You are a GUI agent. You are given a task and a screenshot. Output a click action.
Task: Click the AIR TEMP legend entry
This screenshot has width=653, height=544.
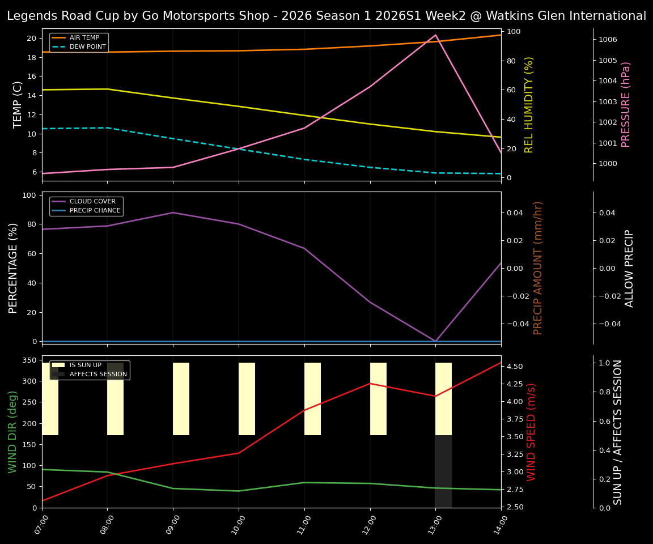(x=84, y=38)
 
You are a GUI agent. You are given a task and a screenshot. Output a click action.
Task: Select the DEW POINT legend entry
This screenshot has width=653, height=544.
(x=87, y=47)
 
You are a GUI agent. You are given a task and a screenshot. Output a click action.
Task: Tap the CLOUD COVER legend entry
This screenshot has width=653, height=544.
(x=92, y=202)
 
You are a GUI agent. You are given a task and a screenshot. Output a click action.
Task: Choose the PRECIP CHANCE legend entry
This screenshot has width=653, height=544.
(x=95, y=211)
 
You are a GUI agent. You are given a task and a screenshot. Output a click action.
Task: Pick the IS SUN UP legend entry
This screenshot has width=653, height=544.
(x=85, y=365)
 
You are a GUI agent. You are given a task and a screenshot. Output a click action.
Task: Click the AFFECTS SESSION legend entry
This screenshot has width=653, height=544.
(x=97, y=375)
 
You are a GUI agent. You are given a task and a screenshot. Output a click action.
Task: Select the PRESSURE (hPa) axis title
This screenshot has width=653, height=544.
(x=626, y=104)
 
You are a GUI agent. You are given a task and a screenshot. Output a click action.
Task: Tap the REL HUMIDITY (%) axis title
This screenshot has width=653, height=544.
(x=529, y=104)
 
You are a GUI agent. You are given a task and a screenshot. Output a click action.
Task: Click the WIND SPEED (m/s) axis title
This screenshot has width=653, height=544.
(x=531, y=432)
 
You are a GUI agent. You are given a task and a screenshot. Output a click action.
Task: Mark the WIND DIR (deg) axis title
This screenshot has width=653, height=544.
(x=12, y=432)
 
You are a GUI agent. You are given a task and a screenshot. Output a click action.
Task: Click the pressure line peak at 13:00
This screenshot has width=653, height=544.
(x=435, y=35)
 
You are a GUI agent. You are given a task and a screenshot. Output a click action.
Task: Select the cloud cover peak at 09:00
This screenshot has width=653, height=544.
(x=173, y=212)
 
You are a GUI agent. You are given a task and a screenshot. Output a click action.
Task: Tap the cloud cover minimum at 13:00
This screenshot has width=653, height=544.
(x=435, y=341)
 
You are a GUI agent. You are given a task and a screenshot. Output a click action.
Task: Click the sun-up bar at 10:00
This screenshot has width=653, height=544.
(x=247, y=399)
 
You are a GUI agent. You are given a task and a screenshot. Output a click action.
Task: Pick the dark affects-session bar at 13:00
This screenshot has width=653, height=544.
(x=443, y=471)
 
